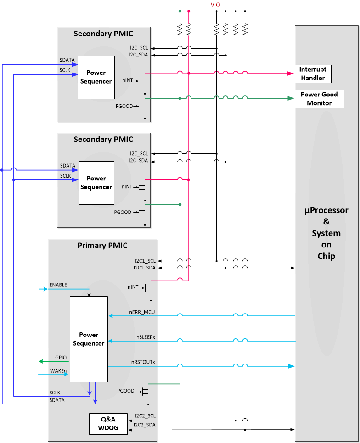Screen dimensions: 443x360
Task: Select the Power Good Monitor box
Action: pyautogui.click(x=319, y=99)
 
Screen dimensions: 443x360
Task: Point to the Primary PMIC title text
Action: pyautogui.click(x=102, y=246)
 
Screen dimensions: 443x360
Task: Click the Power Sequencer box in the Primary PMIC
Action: pyautogui.click(x=89, y=339)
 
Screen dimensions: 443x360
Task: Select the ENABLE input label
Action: pyautogui.click(x=58, y=285)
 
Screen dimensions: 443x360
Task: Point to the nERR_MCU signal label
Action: pyautogui.click(x=142, y=312)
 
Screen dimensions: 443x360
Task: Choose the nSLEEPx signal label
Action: pyautogui.click(x=146, y=337)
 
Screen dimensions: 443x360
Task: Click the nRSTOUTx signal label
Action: pyautogui.click(x=143, y=362)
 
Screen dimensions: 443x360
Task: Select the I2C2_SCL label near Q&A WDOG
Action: pyautogui.click(x=145, y=416)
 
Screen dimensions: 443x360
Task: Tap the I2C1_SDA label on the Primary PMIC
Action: pyautogui.click(x=145, y=268)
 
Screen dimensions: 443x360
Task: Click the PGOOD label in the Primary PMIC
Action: pyautogui.click(x=125, y=391)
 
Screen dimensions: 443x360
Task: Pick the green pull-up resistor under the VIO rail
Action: pyautogui.click(x=180, y=29)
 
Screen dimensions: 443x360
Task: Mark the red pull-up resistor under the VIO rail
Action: pyautogui.click(x=189, y=29)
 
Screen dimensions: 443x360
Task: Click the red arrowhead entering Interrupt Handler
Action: pyautogui.click(x=291, y=73)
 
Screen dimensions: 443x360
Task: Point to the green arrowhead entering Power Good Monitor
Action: pyautogui.click(x=291, y=98)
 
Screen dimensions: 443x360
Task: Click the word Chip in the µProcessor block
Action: pyautogui.click(x=326, y=256)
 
